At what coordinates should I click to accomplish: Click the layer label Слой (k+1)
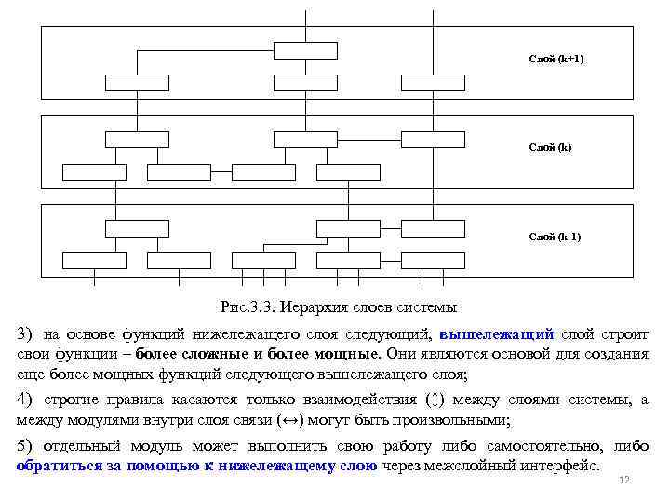pyautogui.click(x=556, y=59)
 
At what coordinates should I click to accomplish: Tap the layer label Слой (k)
pyautogui.click(x=550, y=147)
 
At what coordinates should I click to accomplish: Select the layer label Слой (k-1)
pyautogui.click(x=555, y=237)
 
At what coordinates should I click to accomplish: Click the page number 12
pyautogui.click(x=624, y=480)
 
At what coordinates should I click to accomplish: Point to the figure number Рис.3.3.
pyautogui.click(x=245, y=306)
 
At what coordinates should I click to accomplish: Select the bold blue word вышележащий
pyautogui.click(x=497, y=333)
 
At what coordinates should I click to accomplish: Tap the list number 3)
pyautogui.click(x=23, y=333)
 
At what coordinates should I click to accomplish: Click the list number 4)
pyautogui.click(x=23, y=400)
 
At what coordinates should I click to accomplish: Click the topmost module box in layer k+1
pyautogui.click(x=306, y=50)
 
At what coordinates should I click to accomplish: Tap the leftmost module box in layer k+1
pyautogui.click(x=137, y=82)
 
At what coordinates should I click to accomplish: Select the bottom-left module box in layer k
pyautogui.click(x=94, y=171)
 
